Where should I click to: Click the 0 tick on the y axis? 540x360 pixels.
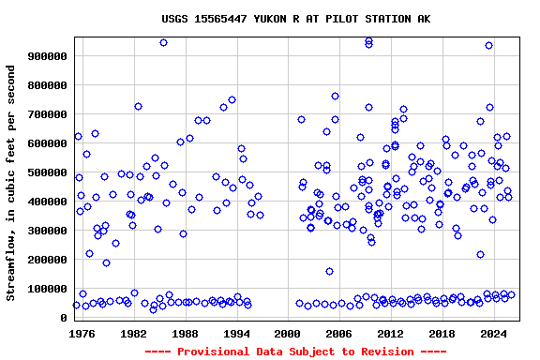point(65,318)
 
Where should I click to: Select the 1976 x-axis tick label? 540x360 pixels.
point(82,333)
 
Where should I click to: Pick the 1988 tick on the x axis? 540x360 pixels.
point(185,333)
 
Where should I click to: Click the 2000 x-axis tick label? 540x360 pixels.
point(288,333)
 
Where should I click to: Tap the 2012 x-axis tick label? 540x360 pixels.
point(390,333)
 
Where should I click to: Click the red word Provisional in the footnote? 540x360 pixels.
point(209,351)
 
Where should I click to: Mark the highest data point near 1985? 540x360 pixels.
point(163,42)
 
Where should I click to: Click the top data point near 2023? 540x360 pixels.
point(488,45)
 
